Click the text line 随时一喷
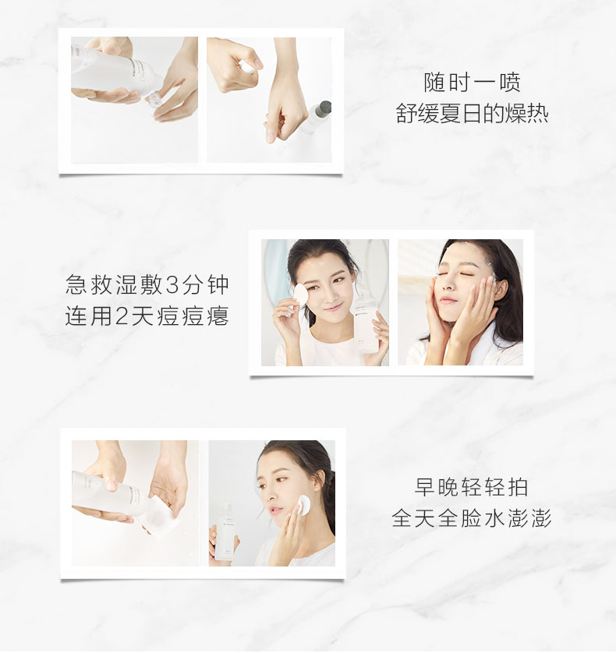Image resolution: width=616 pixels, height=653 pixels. point(472,82)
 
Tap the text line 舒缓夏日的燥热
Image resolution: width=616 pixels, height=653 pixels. point(472,113)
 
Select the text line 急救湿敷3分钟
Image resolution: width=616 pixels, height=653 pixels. point(147,285)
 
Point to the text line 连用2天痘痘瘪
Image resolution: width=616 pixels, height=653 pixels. point(147,316)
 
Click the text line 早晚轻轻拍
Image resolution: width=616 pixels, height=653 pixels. point(472,487)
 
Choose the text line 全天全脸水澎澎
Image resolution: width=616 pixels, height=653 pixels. point(472,518)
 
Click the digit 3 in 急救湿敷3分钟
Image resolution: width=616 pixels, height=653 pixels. point(172,285)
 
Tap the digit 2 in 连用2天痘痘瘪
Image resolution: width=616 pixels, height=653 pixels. point(122,316)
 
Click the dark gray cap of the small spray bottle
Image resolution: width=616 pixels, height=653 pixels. point(323,108)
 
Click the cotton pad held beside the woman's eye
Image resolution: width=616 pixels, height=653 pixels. point(300,295)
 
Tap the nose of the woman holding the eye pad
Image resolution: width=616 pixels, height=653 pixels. point(329,297)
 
